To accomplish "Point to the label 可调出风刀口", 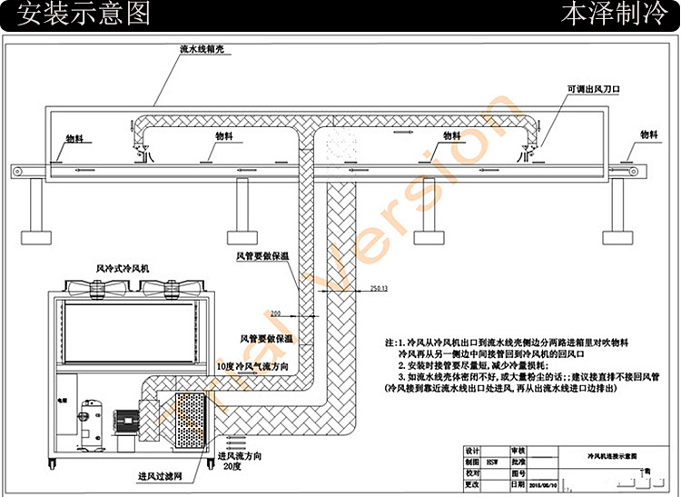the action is tap(592, 89).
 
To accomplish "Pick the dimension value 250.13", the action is tap(379, 288).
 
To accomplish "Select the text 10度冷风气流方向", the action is tap(253, 365).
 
